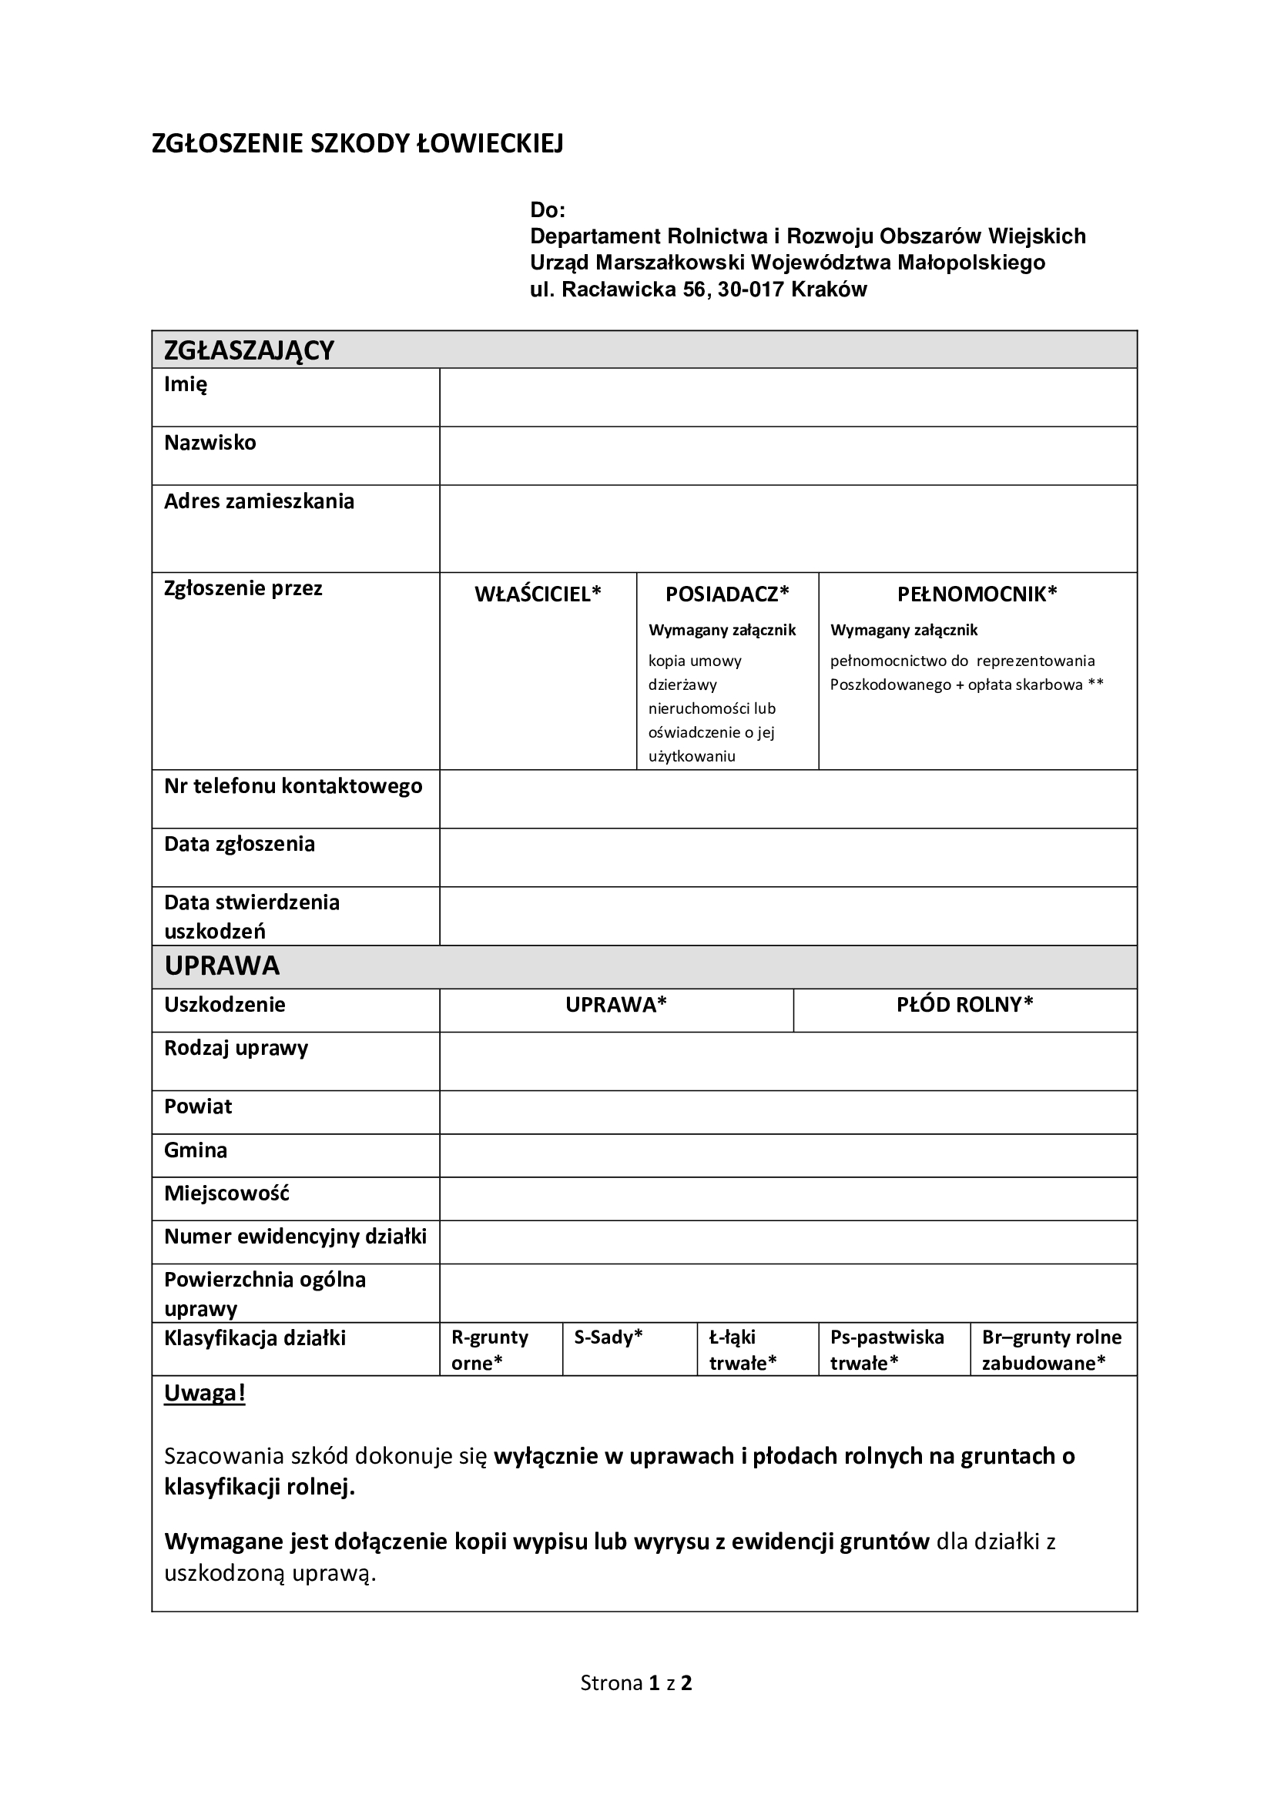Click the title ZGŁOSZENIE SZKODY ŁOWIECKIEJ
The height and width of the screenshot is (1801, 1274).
(357, 143)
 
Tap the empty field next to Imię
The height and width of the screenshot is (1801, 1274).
(788, 397)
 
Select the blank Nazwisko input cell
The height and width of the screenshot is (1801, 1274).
(788, 456)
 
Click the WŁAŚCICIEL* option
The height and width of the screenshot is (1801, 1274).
(538, 594)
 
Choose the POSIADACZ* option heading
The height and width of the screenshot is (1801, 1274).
(727, 594)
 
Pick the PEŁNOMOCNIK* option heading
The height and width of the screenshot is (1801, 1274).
(977, 594)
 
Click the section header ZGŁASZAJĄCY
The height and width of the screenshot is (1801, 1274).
(249, 350)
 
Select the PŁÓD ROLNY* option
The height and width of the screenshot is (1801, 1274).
(965, 1005)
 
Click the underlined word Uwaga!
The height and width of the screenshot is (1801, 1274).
(205, 1393)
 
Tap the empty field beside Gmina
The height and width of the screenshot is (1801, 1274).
(788, 1156)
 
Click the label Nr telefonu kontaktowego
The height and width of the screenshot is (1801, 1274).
(293, 786)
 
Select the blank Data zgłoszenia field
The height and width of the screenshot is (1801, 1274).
(788, 857)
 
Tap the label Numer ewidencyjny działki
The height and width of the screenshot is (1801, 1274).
(295, 1237)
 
